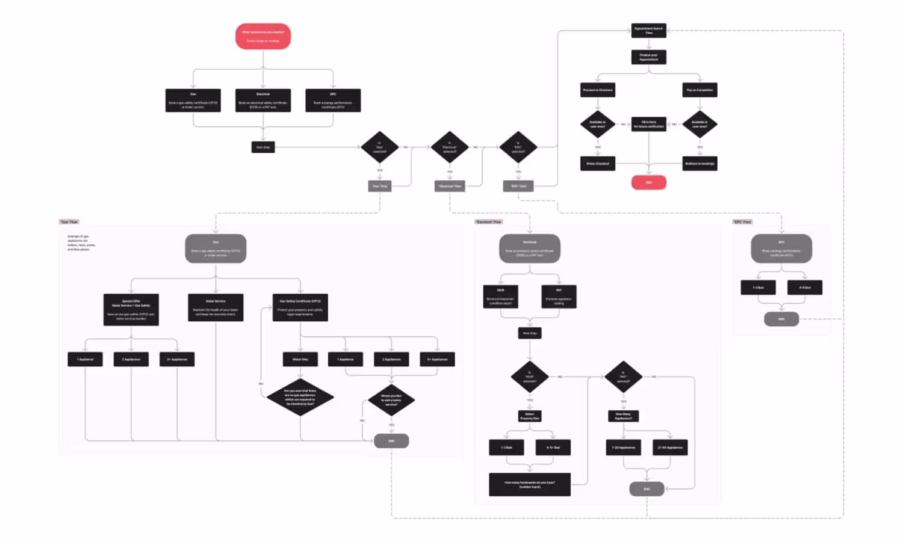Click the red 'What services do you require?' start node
point(263,36)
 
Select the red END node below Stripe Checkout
point(648,182)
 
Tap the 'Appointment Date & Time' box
point(648,30)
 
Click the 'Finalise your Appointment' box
point(648,57)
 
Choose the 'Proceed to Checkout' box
point(598,90)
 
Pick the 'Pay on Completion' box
point(700,90)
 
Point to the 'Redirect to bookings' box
point(700,164)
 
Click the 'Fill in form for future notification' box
point(648,125)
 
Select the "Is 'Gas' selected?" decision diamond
point(379,147)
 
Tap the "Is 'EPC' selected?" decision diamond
point(518,147)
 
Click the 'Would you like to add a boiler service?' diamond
point(391,400)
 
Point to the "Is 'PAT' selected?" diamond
point(623,377)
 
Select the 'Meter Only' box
point(300,360)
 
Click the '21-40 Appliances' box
point(670,448)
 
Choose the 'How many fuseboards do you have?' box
point(530,484)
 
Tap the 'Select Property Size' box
point(530,416)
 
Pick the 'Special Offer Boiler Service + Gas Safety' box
point(131,310)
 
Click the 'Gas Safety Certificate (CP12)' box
point(300,307)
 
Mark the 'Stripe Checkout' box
point(598,164)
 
